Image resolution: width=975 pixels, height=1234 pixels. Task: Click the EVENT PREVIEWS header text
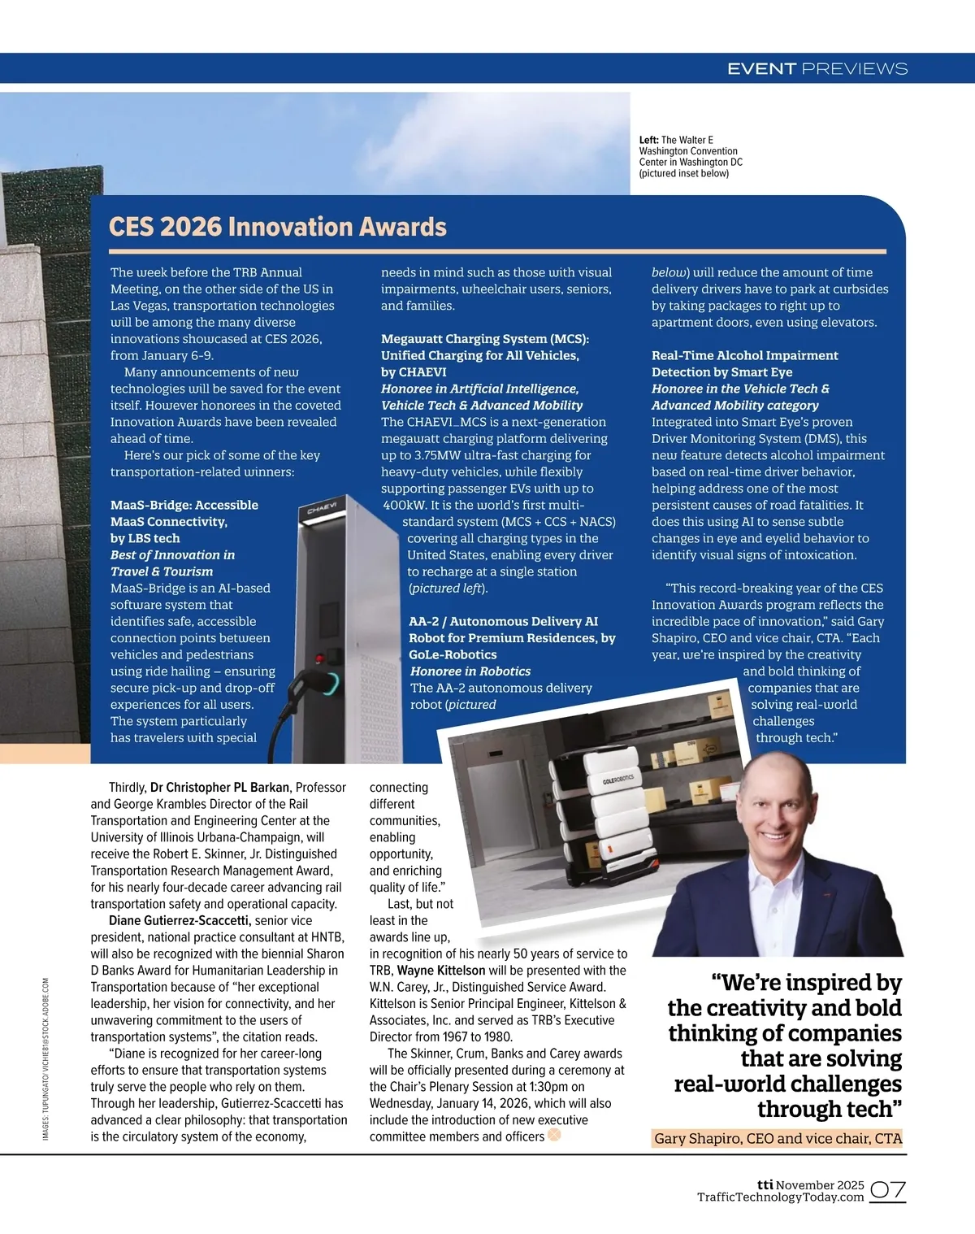[817, 69]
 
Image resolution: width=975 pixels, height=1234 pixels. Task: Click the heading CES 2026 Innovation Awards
[278, 226]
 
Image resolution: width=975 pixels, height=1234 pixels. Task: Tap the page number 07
[888, 1191]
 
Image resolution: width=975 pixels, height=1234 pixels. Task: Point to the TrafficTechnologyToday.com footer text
[780, 1197]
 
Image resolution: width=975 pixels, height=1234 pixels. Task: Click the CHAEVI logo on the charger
[322, 510]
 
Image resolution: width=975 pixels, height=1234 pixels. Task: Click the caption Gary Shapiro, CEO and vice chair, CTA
[778, 1138]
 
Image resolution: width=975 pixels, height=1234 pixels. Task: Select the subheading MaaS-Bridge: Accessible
[184, 505]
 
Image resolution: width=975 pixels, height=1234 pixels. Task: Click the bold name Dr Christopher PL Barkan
[219, 787]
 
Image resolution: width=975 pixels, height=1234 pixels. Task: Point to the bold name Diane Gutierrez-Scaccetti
[179, 920]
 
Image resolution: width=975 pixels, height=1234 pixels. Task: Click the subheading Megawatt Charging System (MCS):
[485, 339]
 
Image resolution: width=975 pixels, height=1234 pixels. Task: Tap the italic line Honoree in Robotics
[470, 671]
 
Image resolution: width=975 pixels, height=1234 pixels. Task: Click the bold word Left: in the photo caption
[648, 140]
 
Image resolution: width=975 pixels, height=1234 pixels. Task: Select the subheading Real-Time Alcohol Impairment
[744, 355]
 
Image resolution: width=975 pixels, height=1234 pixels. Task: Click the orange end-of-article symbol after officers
[555, 1135]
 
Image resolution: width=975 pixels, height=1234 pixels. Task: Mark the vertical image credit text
[45, 1057]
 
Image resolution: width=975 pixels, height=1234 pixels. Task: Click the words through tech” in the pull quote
[829, 1109]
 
